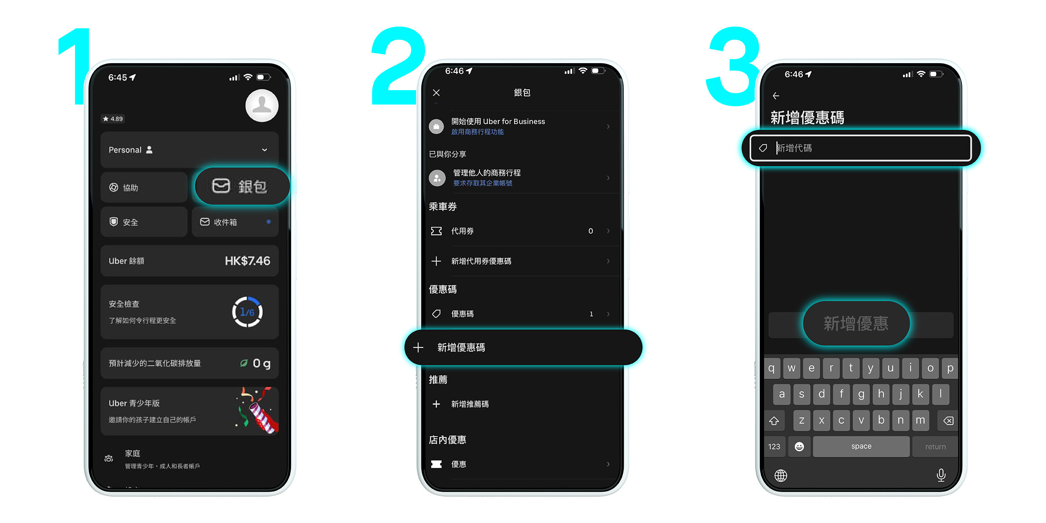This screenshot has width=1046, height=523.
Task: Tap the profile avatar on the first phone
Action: [x=261, y=105]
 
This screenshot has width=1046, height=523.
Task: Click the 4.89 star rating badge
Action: [x=113, y=119]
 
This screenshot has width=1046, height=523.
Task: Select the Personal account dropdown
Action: [x=189, y=149]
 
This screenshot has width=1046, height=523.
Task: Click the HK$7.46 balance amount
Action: [x=247, y=261]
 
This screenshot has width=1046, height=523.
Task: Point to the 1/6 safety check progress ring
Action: [x=247, y=312]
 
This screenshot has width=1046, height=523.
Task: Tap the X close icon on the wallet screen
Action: [x=436, y=92]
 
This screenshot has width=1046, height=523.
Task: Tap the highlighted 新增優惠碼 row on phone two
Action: [x=523, y=347]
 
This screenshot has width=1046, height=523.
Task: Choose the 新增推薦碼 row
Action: [x=470, y=404]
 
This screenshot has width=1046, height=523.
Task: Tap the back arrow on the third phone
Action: [x=776, y=96]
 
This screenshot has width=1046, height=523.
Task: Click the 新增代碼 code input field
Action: [x=861, y=148]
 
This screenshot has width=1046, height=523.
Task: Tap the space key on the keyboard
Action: [x=861, y=446]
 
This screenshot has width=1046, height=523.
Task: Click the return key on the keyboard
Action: [x=935, y=447]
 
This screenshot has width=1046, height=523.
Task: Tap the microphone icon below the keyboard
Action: [x=941, y=475]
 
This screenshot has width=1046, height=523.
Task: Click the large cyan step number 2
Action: [x=397, y=65]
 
